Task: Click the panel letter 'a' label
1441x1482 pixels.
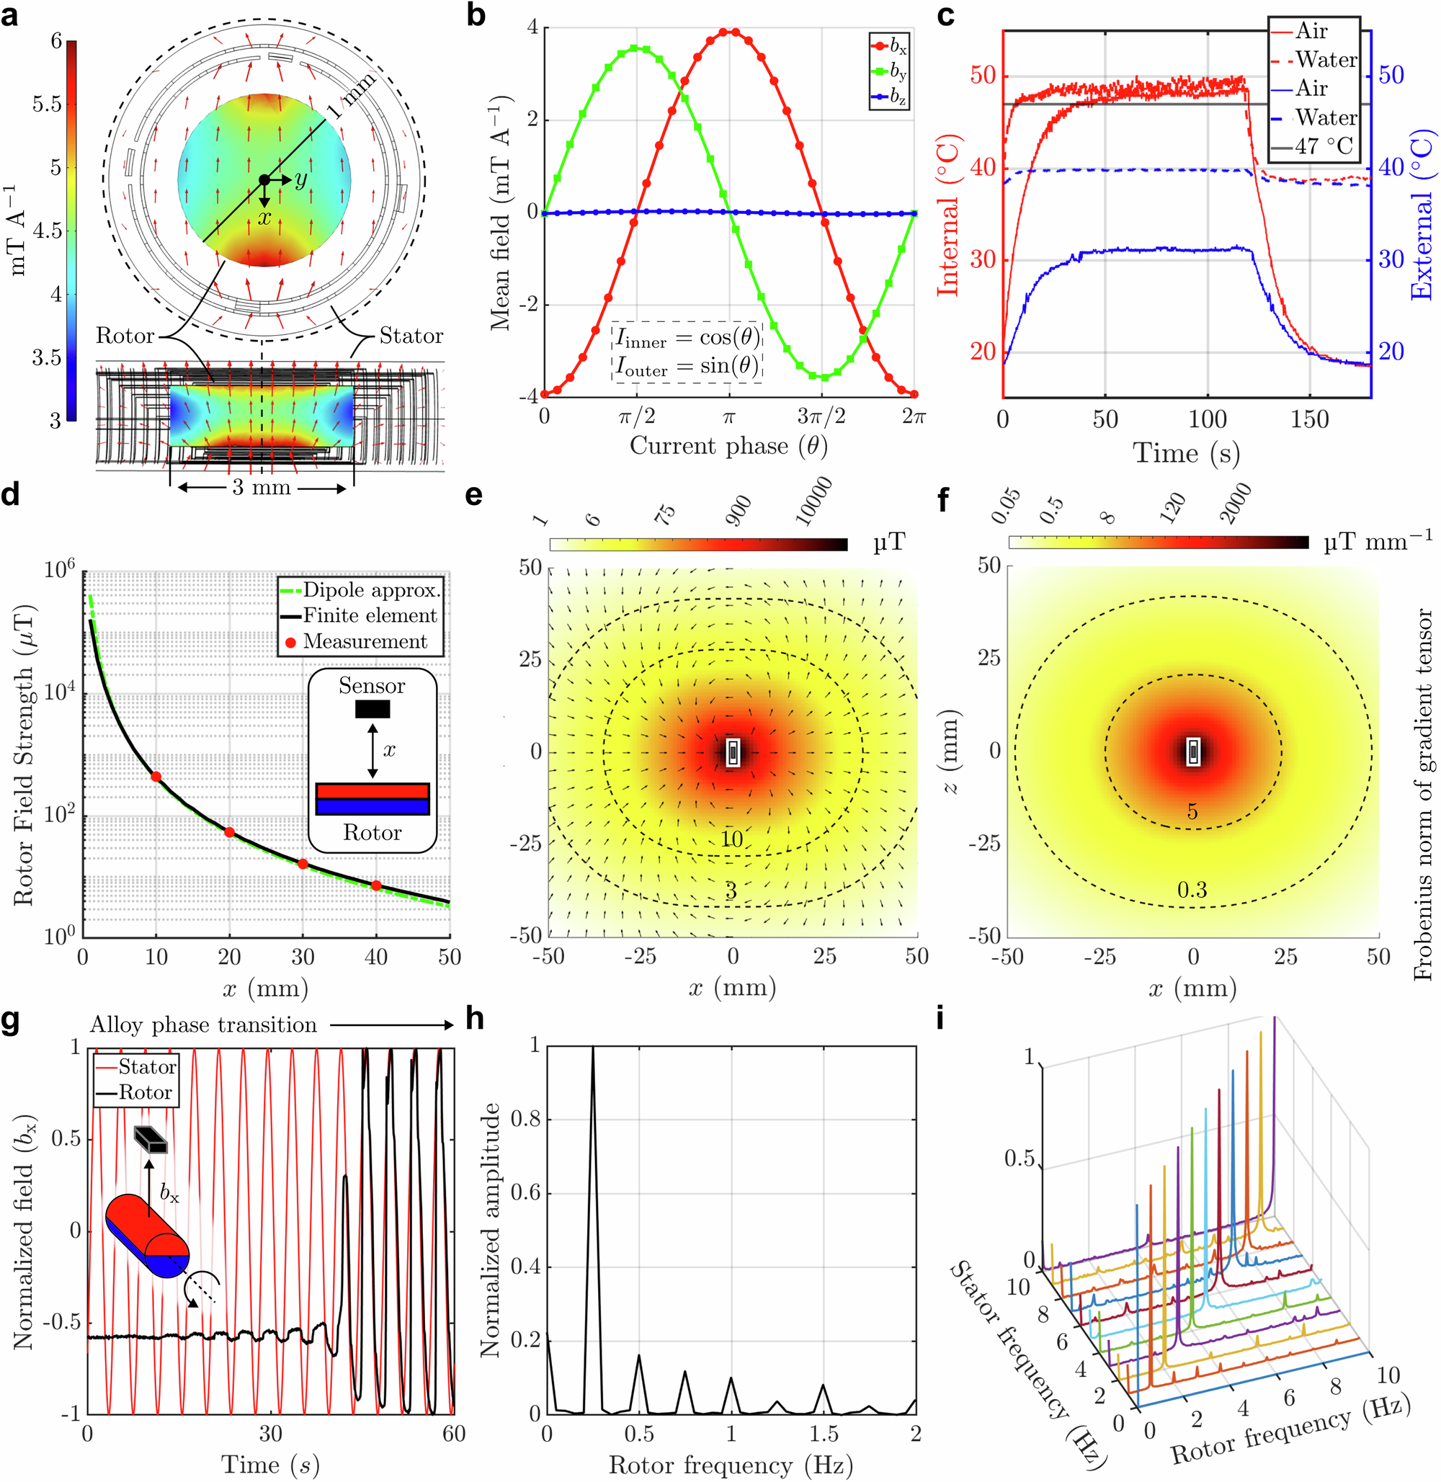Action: (x=10, y=15)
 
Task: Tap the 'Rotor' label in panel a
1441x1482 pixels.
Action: (x=125, y=335)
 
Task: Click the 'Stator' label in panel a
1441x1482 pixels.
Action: (x=411, y=335)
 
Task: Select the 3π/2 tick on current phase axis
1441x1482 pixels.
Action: (x=821, y=416)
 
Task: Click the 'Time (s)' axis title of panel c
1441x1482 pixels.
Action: (x=1186, y=453)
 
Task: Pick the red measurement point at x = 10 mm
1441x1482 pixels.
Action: (x=156, y=777)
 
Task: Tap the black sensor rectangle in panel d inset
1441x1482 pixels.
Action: (x=372, y=709)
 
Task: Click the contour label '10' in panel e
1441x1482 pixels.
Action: (x=732, y=839)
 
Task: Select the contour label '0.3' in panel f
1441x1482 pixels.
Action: (x=1192, y=889)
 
